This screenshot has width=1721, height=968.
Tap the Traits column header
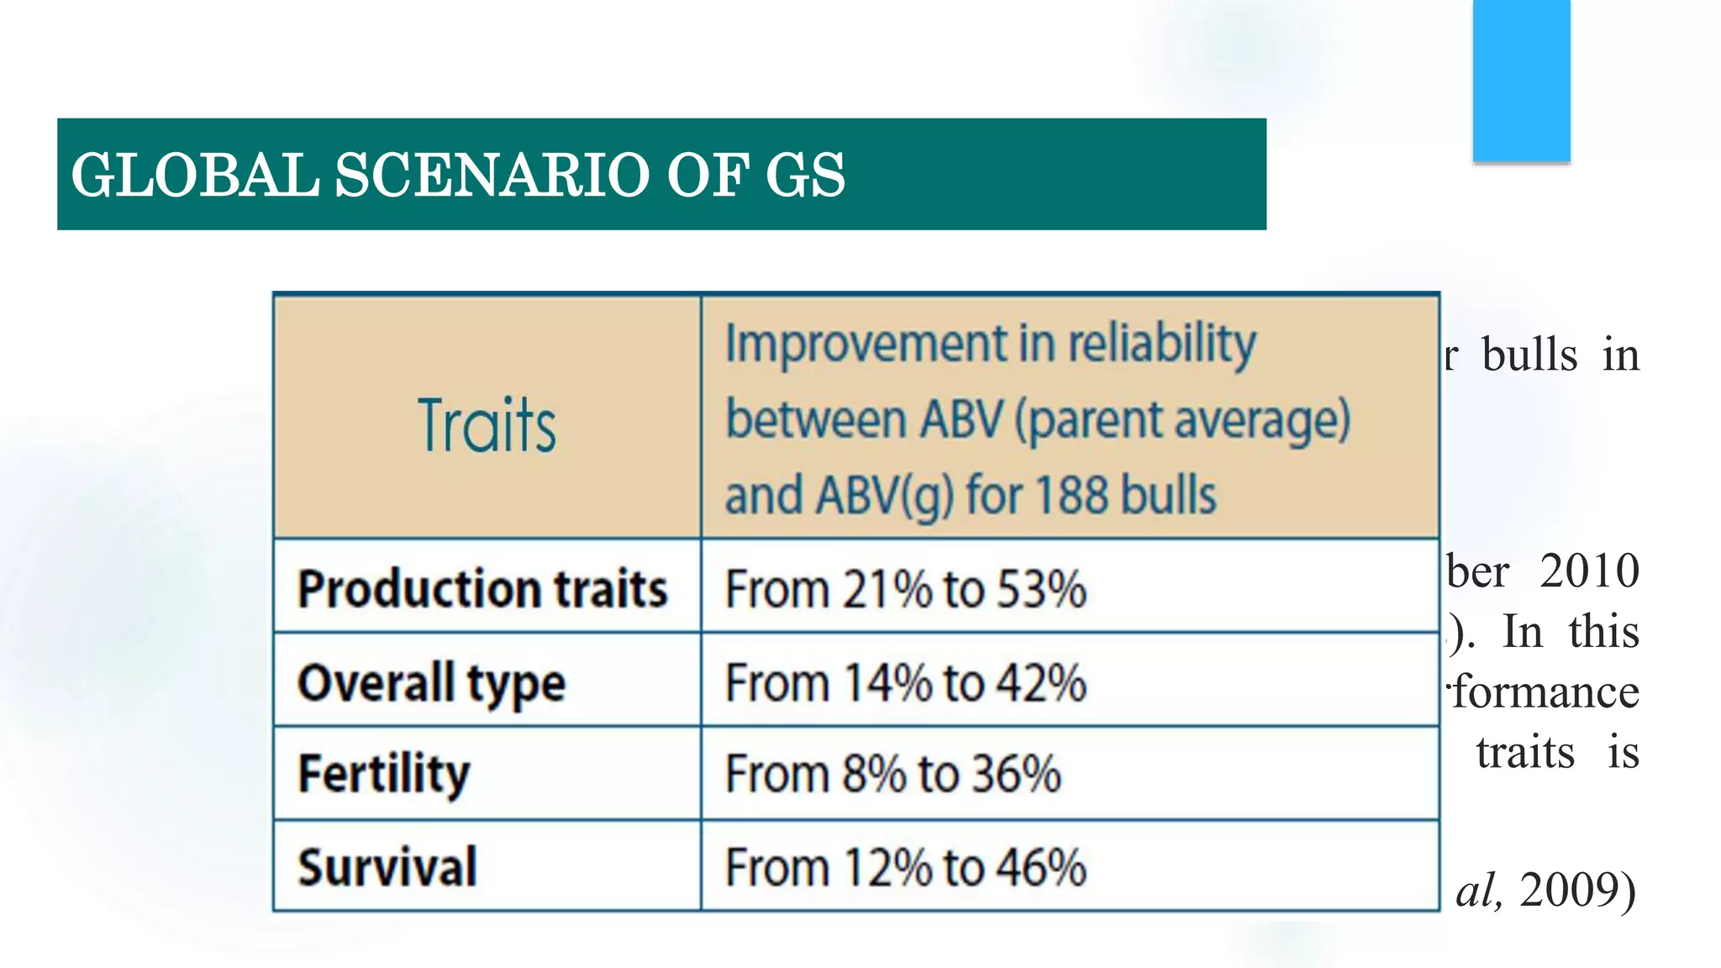click(x=487, y=426)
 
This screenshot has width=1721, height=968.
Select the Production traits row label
click(x=482, y=588)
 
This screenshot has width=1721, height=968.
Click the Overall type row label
click(x=431, y=682)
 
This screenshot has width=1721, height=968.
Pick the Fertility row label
click(x=384, y=774)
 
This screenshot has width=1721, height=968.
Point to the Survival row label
click(x=387, y=867)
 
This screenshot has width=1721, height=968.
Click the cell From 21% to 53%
click(x=905, y=588)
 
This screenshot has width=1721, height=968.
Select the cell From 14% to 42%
click(x=905, y=682)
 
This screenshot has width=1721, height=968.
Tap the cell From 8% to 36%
click(x=892, y=774)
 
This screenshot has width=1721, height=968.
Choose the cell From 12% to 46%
click(x=905, y=867)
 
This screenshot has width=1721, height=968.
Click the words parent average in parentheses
click(x=1182, y=419)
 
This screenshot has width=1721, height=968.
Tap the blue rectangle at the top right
click(x=1521, y=80)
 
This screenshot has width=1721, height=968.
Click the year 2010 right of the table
click(x=1588, y=571)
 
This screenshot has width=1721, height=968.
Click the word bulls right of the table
click(x=1529, y=355)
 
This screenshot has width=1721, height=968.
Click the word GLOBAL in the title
click(x=195, y=176)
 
